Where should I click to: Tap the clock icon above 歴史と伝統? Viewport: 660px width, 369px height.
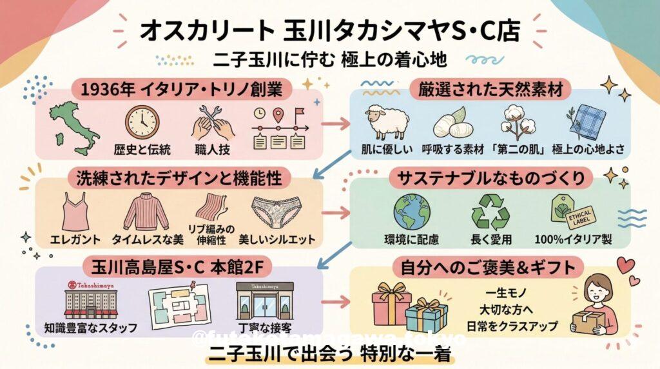142,121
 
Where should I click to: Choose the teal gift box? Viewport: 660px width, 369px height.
426,316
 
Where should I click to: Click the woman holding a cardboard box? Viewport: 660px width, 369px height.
599,308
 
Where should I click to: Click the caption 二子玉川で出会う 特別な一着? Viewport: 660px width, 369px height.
330,355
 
